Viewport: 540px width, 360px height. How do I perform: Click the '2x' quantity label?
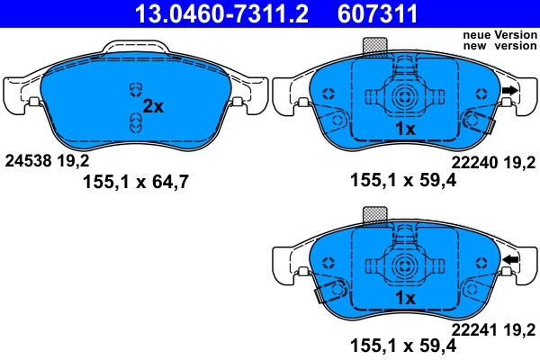[154, 106]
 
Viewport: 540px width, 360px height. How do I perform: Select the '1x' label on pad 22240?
[405, 130]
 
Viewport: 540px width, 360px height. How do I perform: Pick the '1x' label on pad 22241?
[405, 298]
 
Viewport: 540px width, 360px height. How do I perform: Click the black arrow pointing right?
[510, 90]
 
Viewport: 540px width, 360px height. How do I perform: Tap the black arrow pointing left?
[510, 261]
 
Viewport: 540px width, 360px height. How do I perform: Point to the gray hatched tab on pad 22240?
[373, 46]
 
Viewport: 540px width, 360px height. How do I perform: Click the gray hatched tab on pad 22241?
[373, 215]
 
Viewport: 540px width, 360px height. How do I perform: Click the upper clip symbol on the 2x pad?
[135, 88]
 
